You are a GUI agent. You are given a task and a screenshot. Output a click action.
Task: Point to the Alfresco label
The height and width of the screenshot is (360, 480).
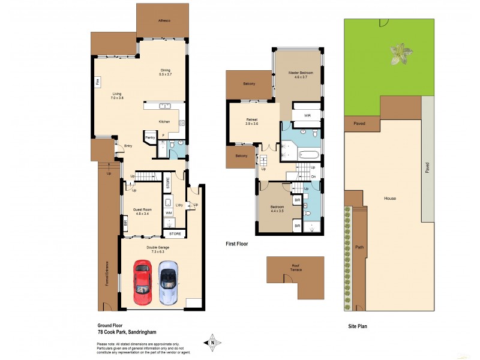coord(163,21)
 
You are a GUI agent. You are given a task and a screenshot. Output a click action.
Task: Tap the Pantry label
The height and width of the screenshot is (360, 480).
coord(150,137)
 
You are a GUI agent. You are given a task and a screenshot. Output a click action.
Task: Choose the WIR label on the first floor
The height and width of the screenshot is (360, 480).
coord(307,115)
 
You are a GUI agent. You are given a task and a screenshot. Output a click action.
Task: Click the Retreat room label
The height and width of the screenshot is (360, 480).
coord(252,121)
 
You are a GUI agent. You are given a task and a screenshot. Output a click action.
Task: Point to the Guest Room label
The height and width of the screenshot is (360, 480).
coord(142,211)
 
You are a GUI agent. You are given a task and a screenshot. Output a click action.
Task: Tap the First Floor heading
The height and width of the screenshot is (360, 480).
coord(237,244)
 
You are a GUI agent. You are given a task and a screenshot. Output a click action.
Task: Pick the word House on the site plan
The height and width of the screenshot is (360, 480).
coord(390,199)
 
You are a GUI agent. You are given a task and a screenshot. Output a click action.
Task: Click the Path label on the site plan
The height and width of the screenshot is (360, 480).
coord(359,247)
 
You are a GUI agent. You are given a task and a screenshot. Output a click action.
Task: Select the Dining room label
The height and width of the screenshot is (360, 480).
coord(165,72)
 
